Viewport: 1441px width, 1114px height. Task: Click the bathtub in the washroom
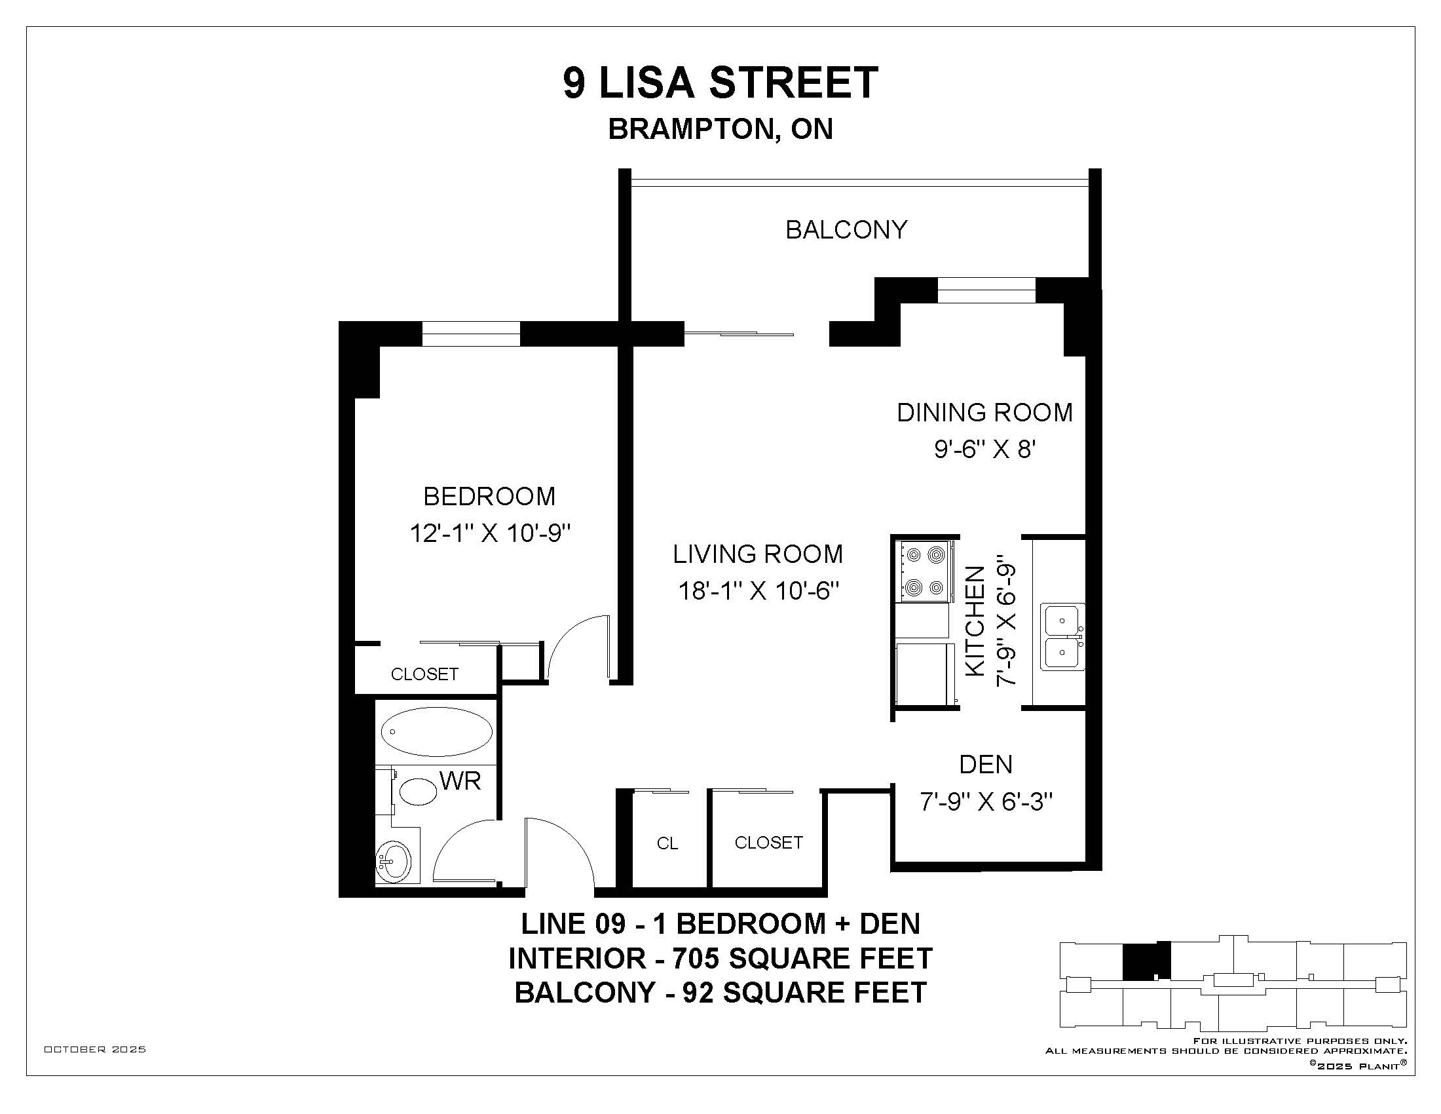click(437, 732)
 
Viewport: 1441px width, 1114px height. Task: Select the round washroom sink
click(393, 861)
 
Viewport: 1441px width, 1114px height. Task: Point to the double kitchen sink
click(1062, 637)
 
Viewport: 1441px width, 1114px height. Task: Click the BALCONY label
click(846, 229)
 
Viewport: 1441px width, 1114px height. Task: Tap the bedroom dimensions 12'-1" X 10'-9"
click(489, 533)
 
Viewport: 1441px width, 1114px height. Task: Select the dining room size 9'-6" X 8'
click(984, 450)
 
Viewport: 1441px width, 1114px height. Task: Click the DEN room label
click(986, 764)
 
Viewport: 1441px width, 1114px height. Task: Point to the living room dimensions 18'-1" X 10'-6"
click(758, 590)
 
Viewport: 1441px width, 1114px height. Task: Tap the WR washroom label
click(460, 781)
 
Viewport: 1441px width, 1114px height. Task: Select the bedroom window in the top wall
click(471, 334)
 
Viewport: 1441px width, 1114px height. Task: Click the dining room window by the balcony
click(986, 290)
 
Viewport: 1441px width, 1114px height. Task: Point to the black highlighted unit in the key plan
click(1146, 960)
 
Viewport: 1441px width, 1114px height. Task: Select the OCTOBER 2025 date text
click(95, 1049)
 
